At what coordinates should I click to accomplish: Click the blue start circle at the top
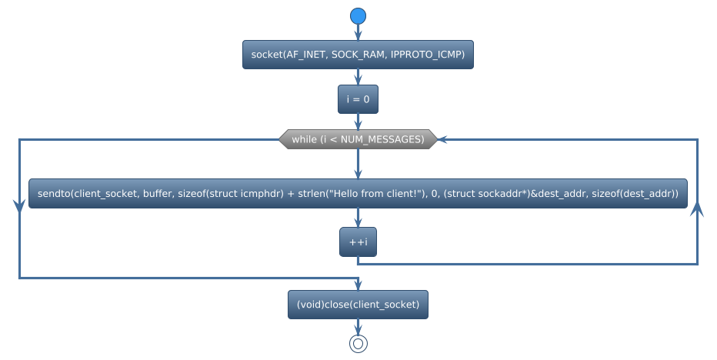pyautogui.click(x=358, y=16)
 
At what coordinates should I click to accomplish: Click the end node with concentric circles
pyautogui.click(x=358, y=343)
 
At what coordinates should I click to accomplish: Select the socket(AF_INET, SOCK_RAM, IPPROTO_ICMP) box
pyautogui.click(x=358, y=55)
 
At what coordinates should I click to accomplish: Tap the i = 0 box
pyautogui.click(x=358, y=99)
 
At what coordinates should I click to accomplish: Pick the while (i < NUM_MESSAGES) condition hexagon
pyautogui.click(x=358, y=139)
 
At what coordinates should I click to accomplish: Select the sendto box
pyautogui.click(x=358, y=194)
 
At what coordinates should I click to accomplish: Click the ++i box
pyautogui.click(x=358, y=242)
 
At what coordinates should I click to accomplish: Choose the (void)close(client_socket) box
pyautogui.click(x=358, y=305)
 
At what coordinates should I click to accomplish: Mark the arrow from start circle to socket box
pyautogui.click(x=358, y=33)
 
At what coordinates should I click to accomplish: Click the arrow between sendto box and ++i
pyautogui.click(x=358, y=218)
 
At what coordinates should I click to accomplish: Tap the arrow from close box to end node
pyautogui.click(x=358, y=327)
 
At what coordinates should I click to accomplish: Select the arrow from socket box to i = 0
pyautogui.click(x=358, y=78)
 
